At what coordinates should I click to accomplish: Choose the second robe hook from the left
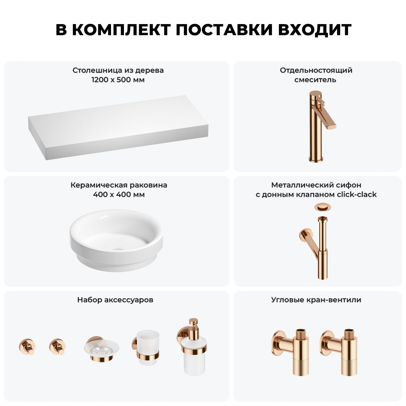pos(58,346)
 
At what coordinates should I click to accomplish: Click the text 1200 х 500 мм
pos(118,80)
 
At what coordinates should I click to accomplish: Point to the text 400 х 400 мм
pos(119,195)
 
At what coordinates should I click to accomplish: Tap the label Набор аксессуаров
pos(115,300)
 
